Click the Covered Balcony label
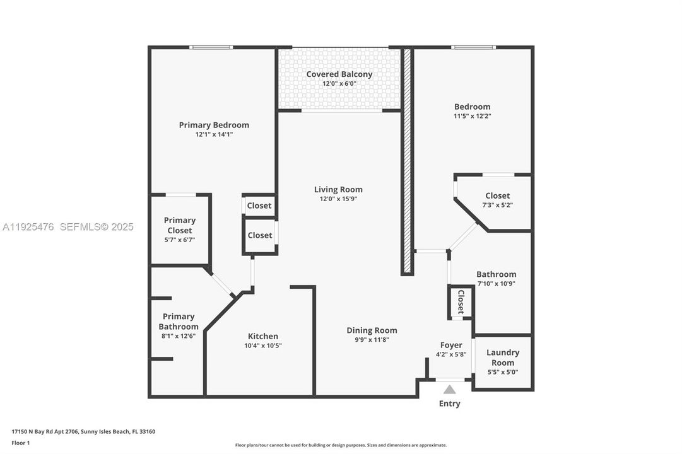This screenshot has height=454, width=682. click(339, 74)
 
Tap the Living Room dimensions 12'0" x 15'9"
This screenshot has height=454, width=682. click(339, 199)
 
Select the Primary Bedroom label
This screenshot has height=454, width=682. click(214, 125)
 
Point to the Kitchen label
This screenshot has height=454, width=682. click(262, 336)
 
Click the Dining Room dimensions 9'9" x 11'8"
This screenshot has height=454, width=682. click(372, 340)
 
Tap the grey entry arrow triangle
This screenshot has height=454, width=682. click(449, 390)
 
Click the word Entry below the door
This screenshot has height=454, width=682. click(449, 404)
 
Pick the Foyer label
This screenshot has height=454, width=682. click(451, 345)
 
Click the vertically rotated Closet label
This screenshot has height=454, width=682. click(461, 302)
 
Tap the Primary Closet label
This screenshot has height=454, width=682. click(180, 225)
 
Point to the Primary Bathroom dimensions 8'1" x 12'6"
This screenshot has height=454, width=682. click(179, 336)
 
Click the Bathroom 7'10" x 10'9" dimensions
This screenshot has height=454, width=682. click(496, 284)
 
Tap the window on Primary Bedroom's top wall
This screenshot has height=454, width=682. click(211, 47)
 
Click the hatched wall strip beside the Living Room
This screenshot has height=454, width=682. click(408, 161)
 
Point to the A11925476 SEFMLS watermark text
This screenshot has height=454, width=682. click(68, 226)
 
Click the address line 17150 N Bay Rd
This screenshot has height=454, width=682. click(83, 432)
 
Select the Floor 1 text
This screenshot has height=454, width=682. click(21, 443)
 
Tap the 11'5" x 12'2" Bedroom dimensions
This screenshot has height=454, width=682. click(473, 116)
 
